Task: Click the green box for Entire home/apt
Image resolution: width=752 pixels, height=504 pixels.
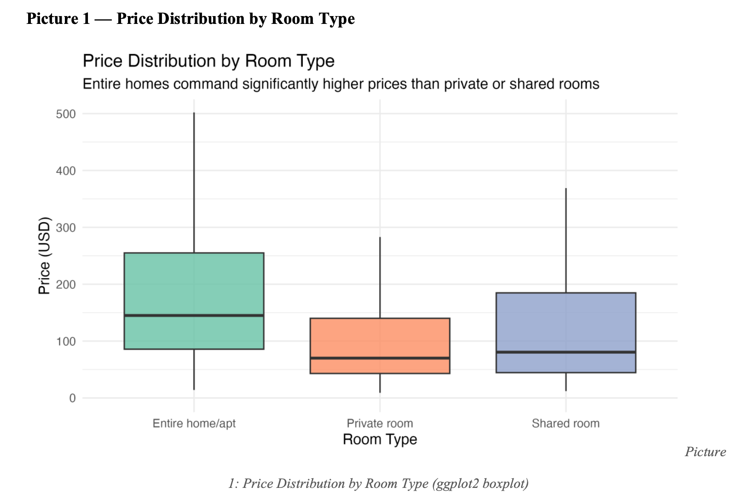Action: coord(194,285)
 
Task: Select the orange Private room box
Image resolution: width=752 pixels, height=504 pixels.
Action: coord(380,338)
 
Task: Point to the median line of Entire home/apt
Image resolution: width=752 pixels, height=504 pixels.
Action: coord(194,315)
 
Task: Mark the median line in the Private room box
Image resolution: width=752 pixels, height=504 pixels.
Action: coord(380,358)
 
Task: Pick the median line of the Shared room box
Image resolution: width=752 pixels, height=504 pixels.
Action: coord(566,352)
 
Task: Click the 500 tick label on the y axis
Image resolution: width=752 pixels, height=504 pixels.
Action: coord(66,114)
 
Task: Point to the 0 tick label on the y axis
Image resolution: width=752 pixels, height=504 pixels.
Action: coord(72,398)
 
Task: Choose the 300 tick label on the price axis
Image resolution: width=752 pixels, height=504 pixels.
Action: coord(66,228)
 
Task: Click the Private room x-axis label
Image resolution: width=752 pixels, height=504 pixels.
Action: coord(380,424)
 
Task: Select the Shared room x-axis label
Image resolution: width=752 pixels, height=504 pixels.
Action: coord(566,424)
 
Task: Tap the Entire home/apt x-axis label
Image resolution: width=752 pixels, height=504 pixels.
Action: coord(194,424)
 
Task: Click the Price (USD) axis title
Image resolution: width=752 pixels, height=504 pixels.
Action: coord(44,256)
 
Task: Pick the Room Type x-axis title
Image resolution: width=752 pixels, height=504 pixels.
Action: coord(380,440)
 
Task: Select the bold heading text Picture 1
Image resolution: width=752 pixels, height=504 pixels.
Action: coord(58,18)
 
